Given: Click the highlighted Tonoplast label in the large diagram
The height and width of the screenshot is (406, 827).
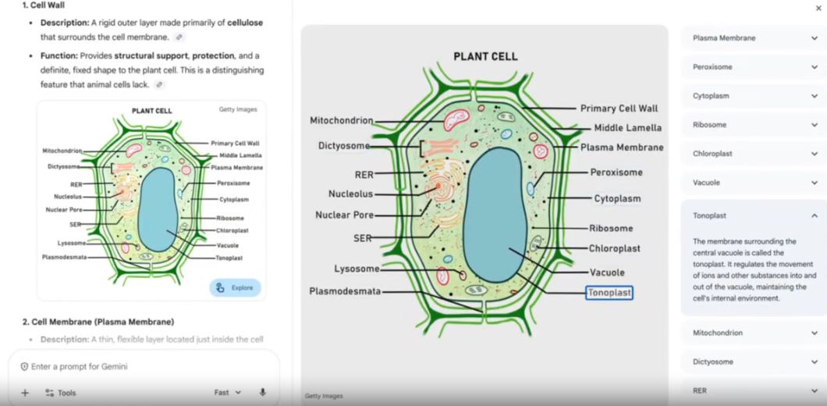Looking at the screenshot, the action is pyautogui.click(x=609, y=293).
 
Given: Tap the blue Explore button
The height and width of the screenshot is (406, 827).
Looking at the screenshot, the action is pyautogui.click(x=236, y=288).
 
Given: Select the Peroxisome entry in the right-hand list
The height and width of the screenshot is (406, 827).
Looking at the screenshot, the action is pyautogui.click(x=754, y=67).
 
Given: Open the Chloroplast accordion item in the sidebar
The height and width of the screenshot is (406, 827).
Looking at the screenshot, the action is pyautogui.click(x=754, y=154).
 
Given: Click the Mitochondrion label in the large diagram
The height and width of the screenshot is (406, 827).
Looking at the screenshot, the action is pyautogui.click(x=341, y=120).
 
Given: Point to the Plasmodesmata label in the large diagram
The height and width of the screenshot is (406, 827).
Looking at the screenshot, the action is pyautogui.click(x=345, y=291).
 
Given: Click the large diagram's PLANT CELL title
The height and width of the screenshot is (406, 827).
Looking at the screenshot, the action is pyautogui.click(x=486, y=56).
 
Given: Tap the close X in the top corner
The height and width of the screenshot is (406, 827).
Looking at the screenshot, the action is pyautogui.click(x=818, y=8).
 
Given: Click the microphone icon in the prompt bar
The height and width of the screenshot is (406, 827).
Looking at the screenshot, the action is pyautogui.click(x=263, y=392).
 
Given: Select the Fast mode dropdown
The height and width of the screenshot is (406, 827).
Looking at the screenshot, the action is pyautogui.click(x=227, y=392).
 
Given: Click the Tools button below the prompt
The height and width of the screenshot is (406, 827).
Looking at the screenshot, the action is pyautogui.click(x=61, y=393).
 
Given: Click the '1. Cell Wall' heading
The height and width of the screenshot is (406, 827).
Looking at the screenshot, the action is pyautogui.click(x=44, y=5).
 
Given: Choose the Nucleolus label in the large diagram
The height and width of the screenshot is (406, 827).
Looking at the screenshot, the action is pyautogui.click(x=351, y=194).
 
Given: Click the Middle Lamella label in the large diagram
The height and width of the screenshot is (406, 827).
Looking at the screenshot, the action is pyautogui.click(x=627, y=128).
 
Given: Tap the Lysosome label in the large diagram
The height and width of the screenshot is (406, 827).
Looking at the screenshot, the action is pyautogui.click(x=357, y=269).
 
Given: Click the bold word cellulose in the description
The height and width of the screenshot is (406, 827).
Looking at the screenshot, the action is pyautogui.click(x=245, y=23).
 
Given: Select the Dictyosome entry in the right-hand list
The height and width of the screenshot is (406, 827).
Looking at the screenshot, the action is pyautogui.click(x=754, y=361).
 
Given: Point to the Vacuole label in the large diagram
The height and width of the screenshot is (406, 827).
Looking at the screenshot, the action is pyautogui.click(x=607, y=272).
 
